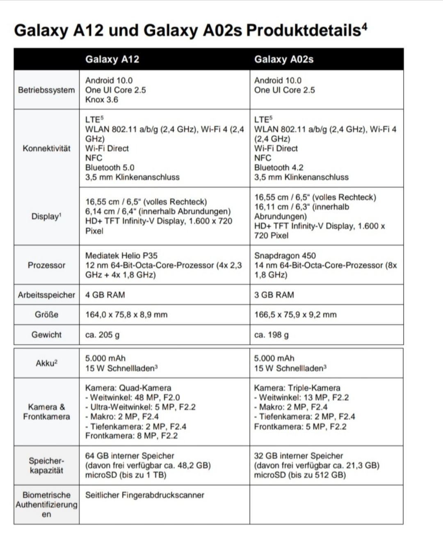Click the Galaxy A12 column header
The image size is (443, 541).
click(112, 59)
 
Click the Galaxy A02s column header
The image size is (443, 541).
click(283, 59)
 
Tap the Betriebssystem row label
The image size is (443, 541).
click(46, 90)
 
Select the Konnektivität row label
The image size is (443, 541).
click(46, 148)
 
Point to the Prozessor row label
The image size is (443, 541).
click(46, 265)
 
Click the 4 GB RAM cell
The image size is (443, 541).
click(105, 295)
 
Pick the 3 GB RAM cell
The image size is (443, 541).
click(274, 295)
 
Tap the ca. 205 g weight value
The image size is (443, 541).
click(102, 335)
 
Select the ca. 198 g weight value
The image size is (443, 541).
click(271, 335)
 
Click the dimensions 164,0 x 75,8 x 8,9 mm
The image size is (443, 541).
click(126, 315)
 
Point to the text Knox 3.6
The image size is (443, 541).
click(101, 100)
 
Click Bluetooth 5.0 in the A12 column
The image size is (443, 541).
click(110, 167)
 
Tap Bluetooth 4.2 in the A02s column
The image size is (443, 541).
click(279, 167)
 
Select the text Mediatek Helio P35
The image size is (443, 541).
click(121, 256)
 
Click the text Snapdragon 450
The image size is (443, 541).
click(285, 256)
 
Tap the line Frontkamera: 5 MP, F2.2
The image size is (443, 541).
click(300, 427)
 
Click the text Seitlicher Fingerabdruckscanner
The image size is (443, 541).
click(144, 495)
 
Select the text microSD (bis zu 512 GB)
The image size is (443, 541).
click(300, 475)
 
